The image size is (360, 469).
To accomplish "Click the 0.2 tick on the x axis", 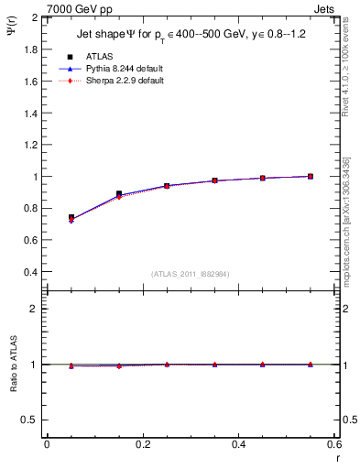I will click(x=142, y=444).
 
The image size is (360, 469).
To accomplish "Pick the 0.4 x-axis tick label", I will click(x=238, y=444).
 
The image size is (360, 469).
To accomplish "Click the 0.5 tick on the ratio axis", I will click(x=31, y=420).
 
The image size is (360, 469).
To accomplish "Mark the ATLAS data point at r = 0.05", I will click(x=71, y=218).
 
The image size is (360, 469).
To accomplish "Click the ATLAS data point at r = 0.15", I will click(x=119, y=194).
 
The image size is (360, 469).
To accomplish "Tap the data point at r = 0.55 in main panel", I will click(x=311, y=176).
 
